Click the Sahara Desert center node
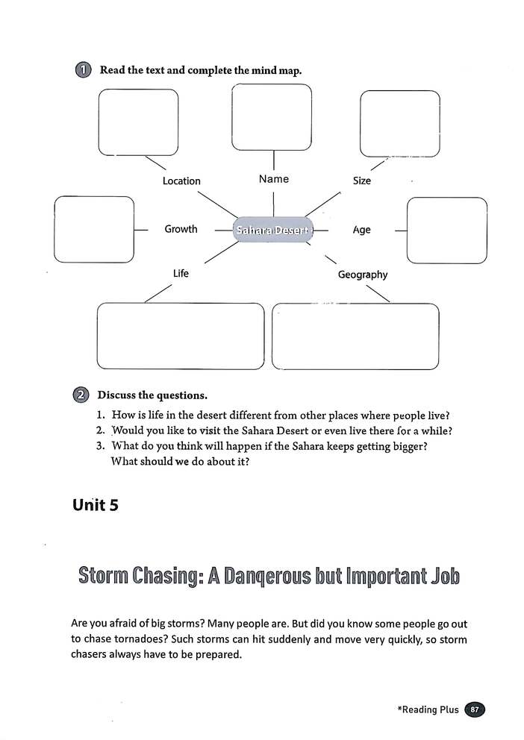(272, 230)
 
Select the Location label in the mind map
(181, 181)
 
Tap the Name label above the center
(273, 179)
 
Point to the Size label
(361, 181)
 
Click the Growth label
(181, 229)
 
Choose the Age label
(361, 230)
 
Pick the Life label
(181, 273)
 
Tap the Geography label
(363, 275)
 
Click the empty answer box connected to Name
(272, 116)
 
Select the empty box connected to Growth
(94, 230)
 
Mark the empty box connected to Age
(447, 231)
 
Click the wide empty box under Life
(181, 336)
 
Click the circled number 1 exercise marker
(83, 70)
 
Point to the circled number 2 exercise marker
(82, 395)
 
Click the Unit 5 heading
(96, 505)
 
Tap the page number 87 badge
(475, 709)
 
